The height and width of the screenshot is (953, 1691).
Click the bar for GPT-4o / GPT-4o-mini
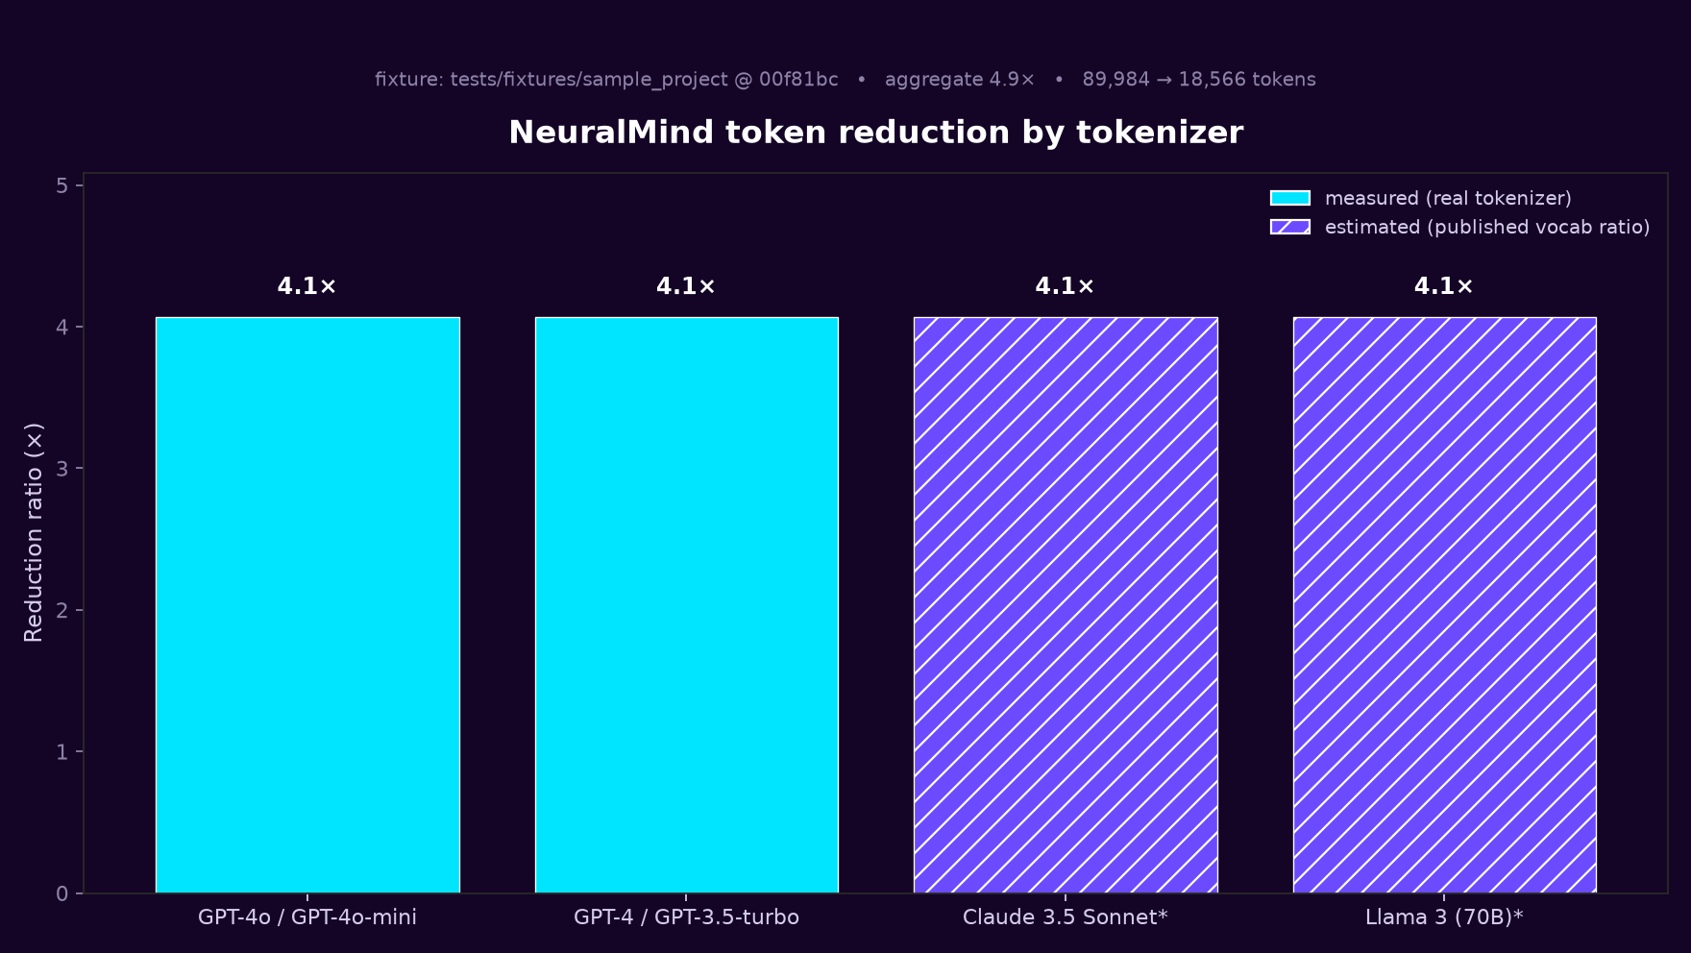coord(307,605)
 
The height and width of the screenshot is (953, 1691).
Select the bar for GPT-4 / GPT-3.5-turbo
coord(687,605)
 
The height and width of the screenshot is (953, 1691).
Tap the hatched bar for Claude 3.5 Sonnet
coord(1066,605)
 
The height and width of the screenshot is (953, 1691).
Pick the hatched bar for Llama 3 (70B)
coord(1445,605)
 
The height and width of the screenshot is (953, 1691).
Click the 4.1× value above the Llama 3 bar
coord(1444,286)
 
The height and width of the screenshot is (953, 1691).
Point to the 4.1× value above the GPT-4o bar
coord(307,286)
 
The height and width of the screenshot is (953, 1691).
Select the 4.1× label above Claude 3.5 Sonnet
coord(1066,286)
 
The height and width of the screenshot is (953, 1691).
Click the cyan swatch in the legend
coord(1290,198)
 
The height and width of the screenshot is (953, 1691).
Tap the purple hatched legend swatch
coord(1290,227)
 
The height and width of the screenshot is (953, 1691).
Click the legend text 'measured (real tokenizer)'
coord(1448,198)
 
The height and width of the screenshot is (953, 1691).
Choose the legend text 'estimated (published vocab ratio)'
coord(1487,227)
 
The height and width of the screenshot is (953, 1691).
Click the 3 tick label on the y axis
coord(62,469)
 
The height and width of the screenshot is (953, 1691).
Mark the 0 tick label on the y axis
coord(62,894)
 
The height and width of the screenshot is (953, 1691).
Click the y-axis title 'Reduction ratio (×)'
coord(34,532)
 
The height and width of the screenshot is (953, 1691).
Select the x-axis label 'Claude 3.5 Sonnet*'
coord(1066,917)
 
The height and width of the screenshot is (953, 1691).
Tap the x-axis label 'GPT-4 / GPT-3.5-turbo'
coord(687,917)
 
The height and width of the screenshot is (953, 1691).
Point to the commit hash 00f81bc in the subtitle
coord(798,80)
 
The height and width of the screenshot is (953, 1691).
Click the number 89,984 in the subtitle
coord(1115,80)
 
